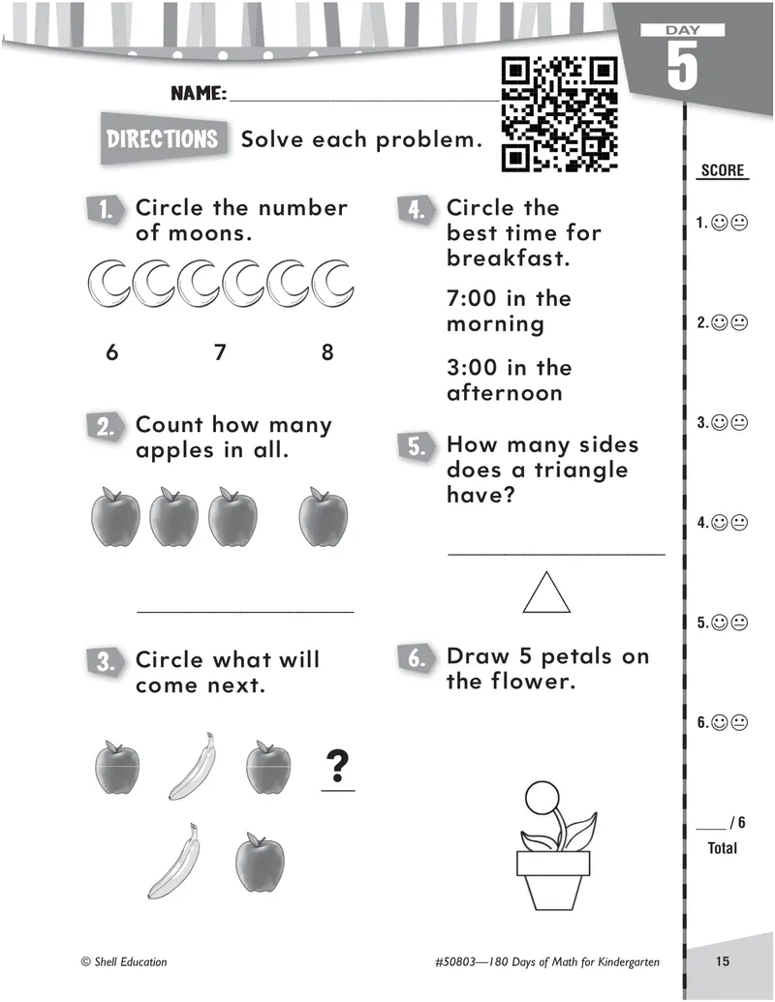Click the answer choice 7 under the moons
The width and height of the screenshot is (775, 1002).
click(220, 352)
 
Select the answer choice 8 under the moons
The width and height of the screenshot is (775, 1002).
click(327, 352)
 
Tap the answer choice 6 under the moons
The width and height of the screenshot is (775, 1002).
click(112, 352)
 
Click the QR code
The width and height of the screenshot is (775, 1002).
click(560, 114)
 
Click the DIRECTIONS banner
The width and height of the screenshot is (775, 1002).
click(164, 138)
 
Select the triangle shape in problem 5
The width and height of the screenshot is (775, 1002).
click(546, 592)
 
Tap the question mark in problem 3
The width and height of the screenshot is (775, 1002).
click(338, 766)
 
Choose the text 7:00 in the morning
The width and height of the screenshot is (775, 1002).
click(509, 311)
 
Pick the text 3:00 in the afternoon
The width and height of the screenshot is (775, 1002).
click(509, 380)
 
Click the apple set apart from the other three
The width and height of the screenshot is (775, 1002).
click(324, 517)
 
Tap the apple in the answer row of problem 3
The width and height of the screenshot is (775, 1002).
click(260, 862)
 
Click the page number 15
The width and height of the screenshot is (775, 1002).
click(723, 961)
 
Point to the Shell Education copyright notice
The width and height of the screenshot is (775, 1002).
click(124, 961)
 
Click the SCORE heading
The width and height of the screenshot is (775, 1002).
click(723, 170)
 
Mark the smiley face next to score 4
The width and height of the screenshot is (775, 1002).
click(720, 523)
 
